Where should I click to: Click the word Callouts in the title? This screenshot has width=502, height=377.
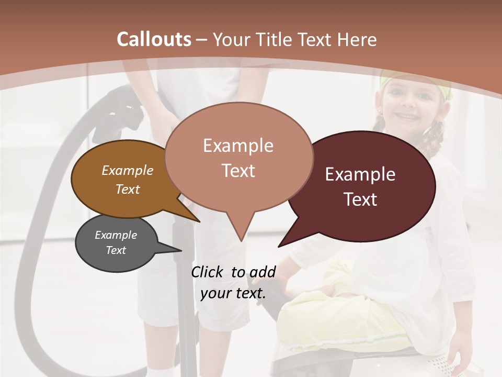[154, 39]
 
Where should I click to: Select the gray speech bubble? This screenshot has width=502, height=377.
[116, 243]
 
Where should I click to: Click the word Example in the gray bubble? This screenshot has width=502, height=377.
[116, 235]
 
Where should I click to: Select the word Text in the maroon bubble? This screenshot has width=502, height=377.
[361, 199]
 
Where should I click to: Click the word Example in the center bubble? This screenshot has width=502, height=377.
[238, 146]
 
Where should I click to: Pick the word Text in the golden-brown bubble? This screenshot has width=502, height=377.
[128, 189]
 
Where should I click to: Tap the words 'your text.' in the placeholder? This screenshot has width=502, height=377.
[233, 293]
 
